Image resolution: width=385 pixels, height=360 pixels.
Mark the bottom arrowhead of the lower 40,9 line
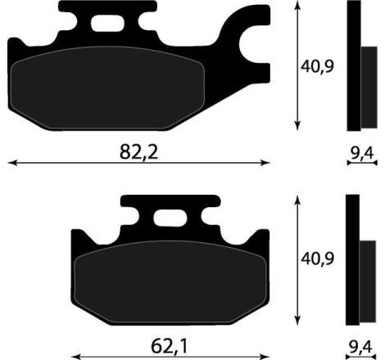(295, 323)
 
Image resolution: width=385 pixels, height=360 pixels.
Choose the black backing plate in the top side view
(354, 65)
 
